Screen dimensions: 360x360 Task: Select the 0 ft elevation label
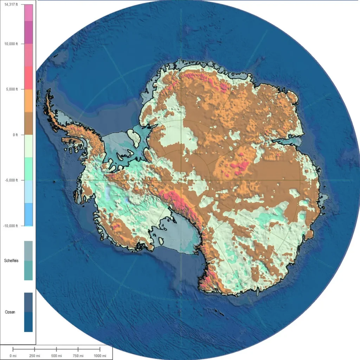coord(14,135)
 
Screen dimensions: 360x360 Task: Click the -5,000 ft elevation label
coord(11,180)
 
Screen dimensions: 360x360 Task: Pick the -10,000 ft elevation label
coord(11,226)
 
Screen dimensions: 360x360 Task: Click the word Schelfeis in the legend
coord(11,261)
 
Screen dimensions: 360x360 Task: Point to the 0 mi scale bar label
coord(13,356)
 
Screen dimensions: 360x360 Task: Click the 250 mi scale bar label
coord(34,356)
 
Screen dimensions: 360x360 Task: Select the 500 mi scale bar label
coord(56,356)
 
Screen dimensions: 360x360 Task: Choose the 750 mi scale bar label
coord(78,356)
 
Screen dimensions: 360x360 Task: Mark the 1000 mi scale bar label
coord(100,356)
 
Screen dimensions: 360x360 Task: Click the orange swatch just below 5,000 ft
coord(28,101)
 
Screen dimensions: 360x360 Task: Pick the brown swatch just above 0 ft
coord(28,123)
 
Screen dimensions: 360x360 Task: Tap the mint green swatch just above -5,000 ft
coord(28,169)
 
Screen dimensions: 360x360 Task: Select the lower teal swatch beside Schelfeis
coord(28,270)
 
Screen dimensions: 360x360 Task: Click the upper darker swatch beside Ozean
coord(28,302)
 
